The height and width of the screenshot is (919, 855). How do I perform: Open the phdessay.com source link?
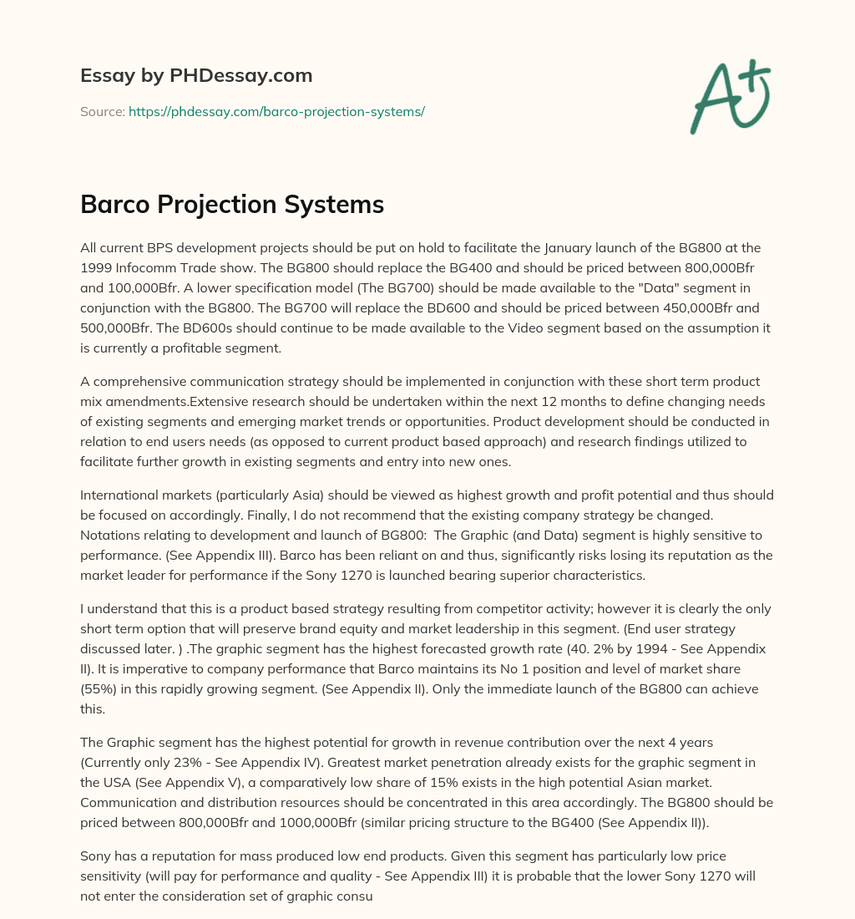(x=276, y=111)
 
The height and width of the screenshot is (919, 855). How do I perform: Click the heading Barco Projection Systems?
(x=232, y=205)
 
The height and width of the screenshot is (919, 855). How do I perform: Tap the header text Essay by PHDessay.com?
(x=196, y=75)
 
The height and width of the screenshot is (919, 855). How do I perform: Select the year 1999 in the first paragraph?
(x=96, y=266)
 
